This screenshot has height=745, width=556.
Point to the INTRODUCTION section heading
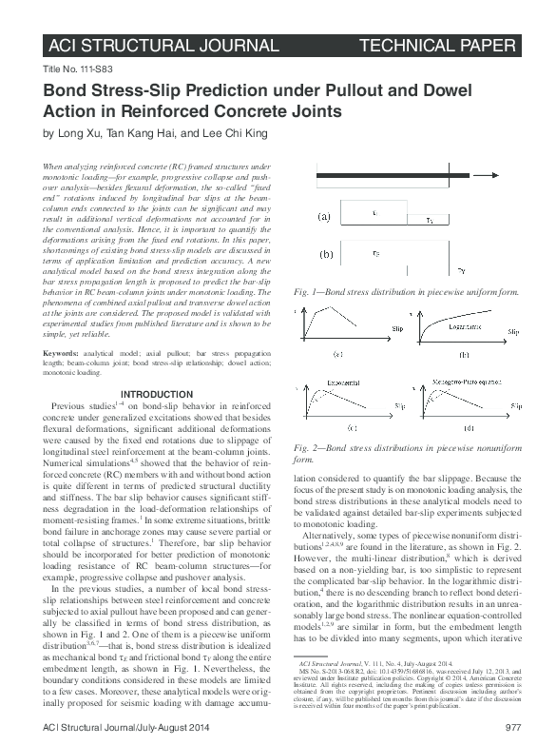click(x=154, y=396)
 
